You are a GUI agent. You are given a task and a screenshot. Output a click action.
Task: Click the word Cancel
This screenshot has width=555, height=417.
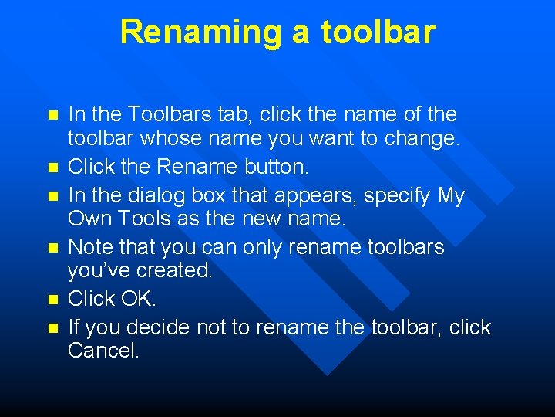[x=103, y=351]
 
